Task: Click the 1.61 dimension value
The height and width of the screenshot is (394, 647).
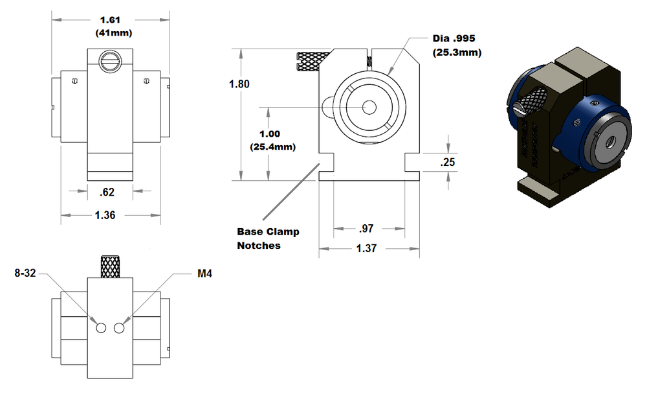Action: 111,20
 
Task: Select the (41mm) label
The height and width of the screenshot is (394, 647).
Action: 111,32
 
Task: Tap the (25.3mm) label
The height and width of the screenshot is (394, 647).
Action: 457,53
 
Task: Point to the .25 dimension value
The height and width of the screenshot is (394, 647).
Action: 448,163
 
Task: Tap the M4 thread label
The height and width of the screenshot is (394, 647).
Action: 205,274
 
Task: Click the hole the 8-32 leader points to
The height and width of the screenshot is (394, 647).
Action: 101,329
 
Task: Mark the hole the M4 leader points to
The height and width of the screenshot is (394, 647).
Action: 118,329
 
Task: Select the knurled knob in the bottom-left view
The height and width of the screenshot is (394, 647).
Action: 110,266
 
